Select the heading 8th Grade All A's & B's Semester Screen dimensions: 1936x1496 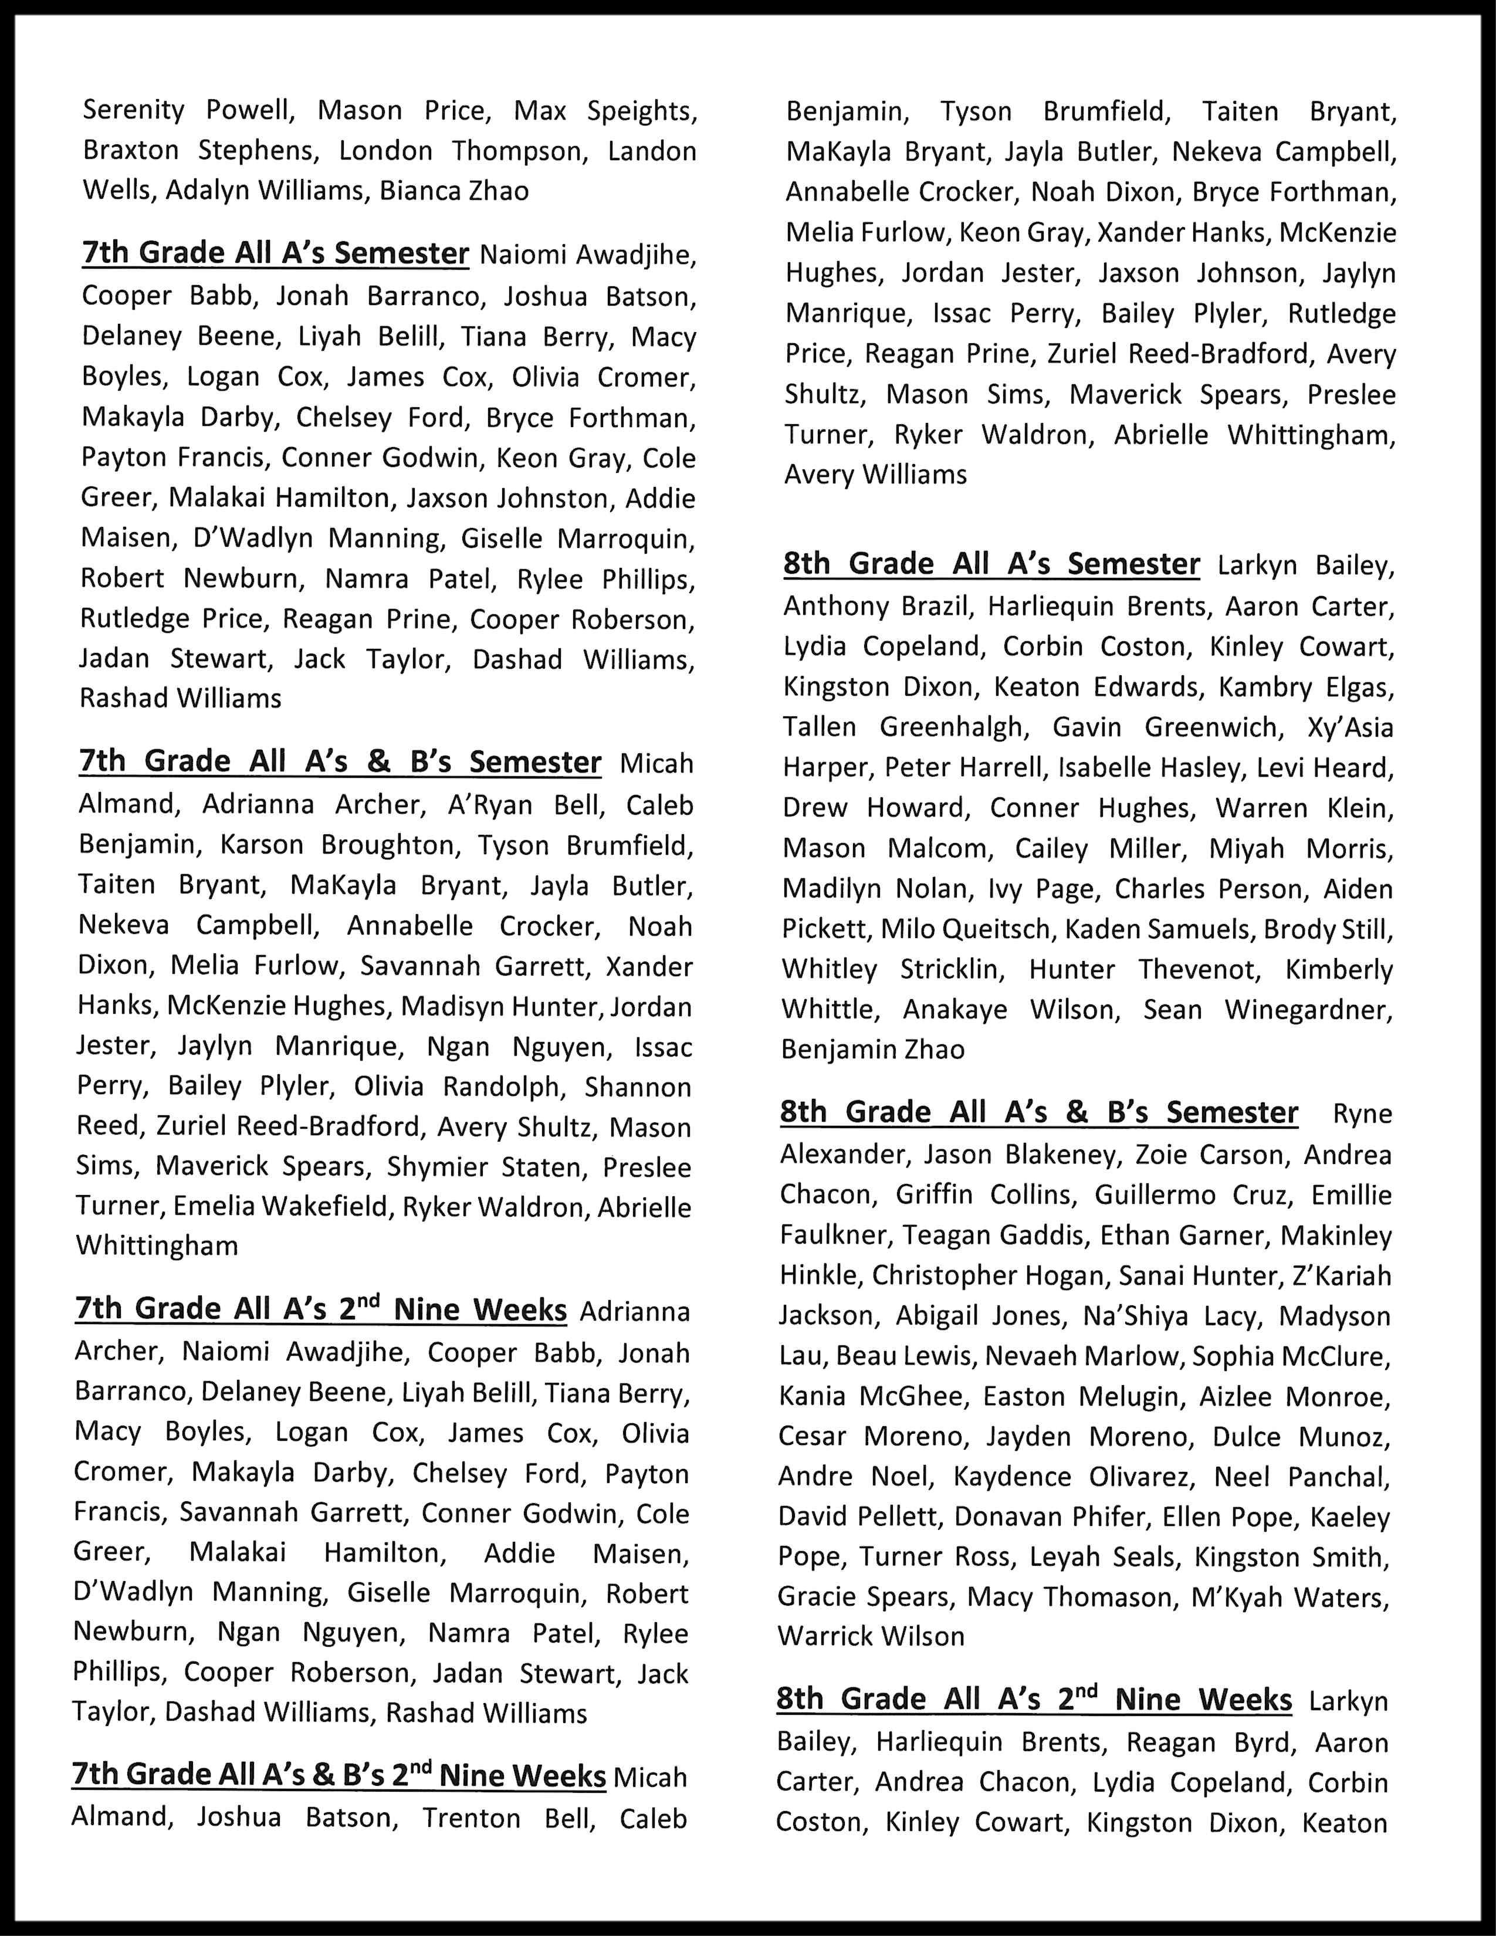pyautogui.click(x=1038, y=1112)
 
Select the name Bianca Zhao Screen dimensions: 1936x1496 pyautogui.click(x=453, y=191)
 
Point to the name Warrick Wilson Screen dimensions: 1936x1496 pyautogui.click(x=870, y=1636)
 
